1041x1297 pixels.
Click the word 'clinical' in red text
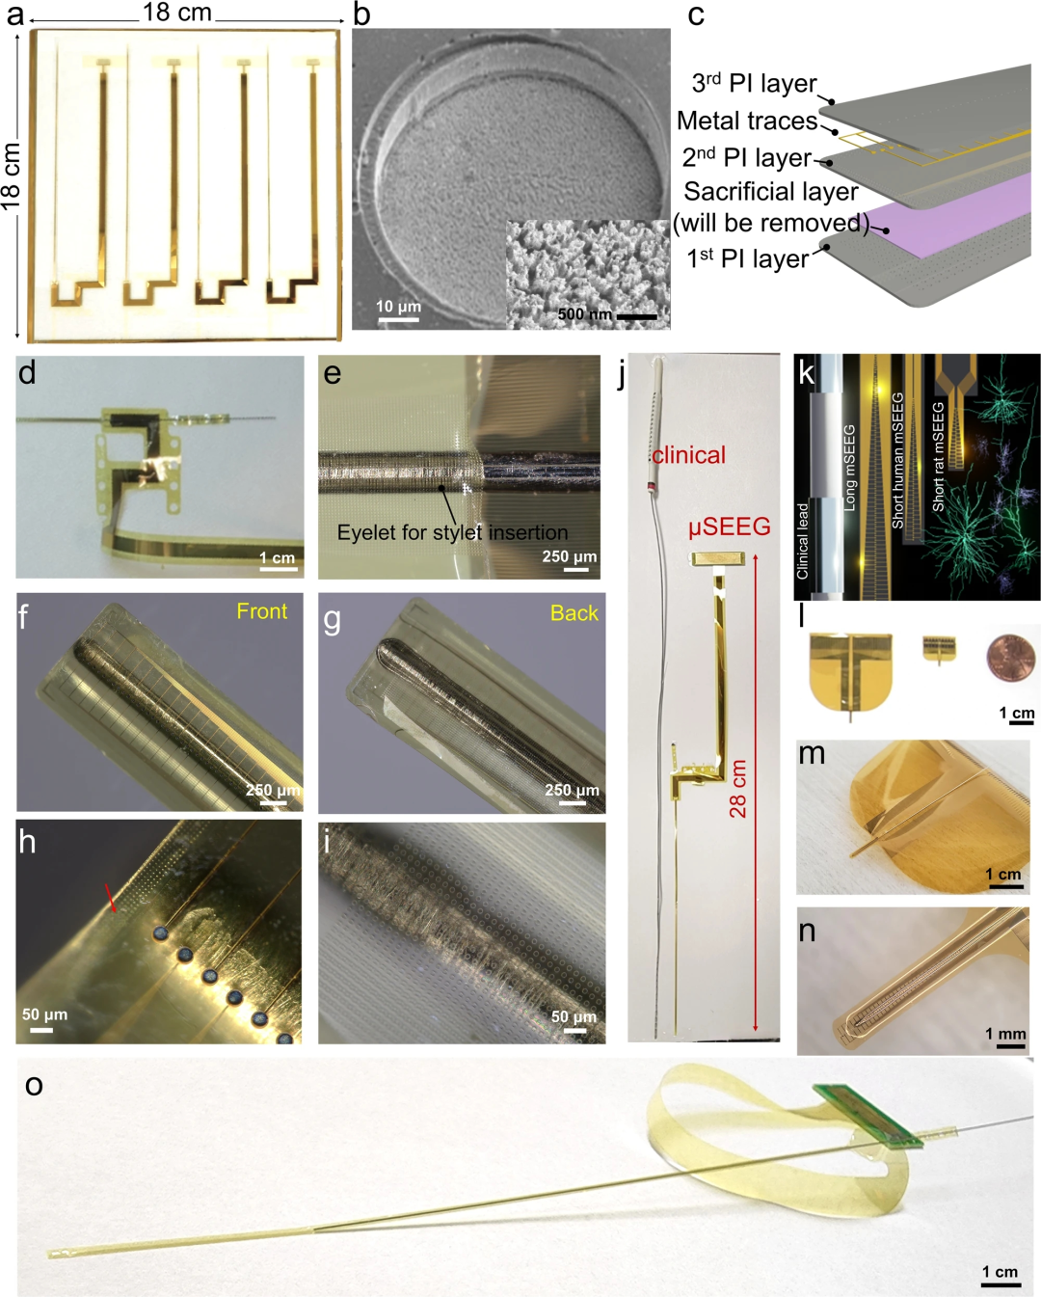688,455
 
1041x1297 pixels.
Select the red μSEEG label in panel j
730,527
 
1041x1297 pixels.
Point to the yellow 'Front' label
261,611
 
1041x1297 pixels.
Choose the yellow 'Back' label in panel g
574,613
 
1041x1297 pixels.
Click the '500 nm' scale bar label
584,314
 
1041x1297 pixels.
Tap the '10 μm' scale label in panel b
398,307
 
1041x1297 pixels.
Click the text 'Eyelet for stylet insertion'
452,532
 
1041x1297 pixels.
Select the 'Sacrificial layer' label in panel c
770,192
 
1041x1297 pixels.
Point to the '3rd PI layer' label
754,83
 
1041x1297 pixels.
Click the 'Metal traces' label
747,121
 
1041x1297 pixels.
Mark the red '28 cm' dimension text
737,789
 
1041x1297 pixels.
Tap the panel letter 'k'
806,374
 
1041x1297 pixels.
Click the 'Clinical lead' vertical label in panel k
802,541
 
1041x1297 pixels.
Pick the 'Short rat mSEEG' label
938,457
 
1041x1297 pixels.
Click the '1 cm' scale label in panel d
278,557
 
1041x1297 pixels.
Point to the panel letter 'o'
34,1086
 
